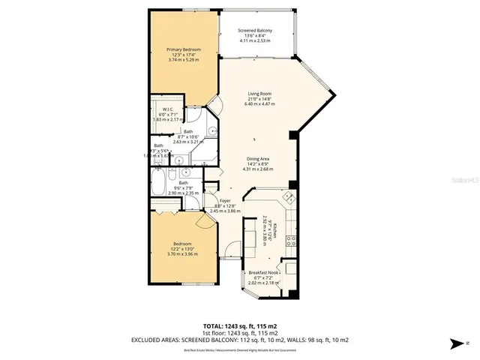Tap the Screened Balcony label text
pos(255,31)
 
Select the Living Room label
pos(259,94)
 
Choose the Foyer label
pos(224,200)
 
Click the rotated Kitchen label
pos(275,229)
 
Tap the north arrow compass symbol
pos(454,343)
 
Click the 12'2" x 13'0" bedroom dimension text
pos(181,249)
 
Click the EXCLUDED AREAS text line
pos(240,339)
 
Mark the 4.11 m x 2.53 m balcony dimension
pos(255,40)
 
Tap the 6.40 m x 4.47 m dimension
pos(259,104)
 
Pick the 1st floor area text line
pos(240,333)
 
